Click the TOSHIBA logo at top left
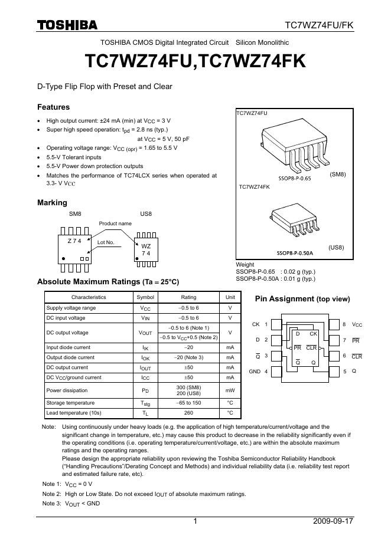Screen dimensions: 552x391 pyautogui.click(x=67, y=25)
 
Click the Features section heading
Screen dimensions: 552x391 pyautogui.click(x=53, y=107)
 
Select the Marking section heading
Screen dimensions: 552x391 pyautogui.click(x=52, y=203)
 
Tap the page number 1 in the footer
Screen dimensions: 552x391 pyautogui.click(x=195, y=521)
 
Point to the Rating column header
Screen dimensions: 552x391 pyautogui.click(x=188, y=297)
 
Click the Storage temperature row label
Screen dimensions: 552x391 pyautogui.click(x=67, y=403)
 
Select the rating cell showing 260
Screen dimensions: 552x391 pyautogui.click(x=188, y=413)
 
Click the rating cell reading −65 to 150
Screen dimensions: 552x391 pyautogui.click(x=188, y=403)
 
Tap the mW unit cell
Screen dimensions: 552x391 pyautogui.click(x=230, y=390)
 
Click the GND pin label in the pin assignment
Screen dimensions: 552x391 pyautogui.click(x=255, y=372)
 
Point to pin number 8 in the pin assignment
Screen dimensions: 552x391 pyautogui.click(x=344, y=324)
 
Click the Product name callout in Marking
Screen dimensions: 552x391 pyautogui.click(x=115, y=224)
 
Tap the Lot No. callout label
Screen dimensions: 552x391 pyautogui.click(x=105, y=242)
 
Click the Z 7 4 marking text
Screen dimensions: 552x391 pyautogui.click(x=75, y=241)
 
